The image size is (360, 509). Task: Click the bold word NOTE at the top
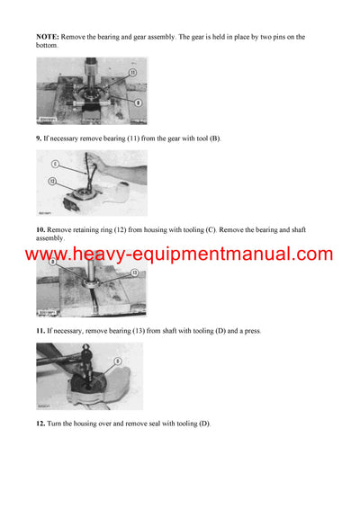pos(46,37)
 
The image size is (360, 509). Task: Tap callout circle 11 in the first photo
pos(132,72)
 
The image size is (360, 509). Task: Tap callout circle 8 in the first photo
pos(137,103)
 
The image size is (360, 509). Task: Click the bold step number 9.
pos(40,138)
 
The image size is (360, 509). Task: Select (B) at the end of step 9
pos(212,138)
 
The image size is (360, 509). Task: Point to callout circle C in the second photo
pos(54,164)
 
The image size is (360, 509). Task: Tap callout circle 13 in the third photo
pos(134,272)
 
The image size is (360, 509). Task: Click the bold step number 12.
pos(41,423)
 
